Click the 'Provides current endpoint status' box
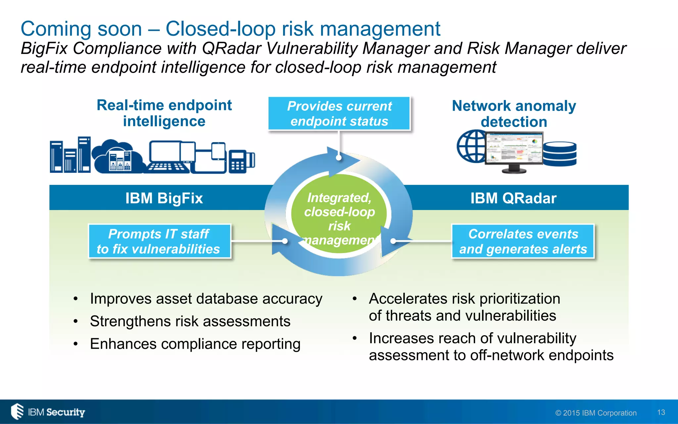pyautogui.click(x=339, y=113)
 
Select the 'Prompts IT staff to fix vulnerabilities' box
pyautogui.click(x=159, y=241)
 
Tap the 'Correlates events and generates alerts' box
pyautogui.click(x=523, y=241)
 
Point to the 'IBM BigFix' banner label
pyautogui.click(x=164, y=198)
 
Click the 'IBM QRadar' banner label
pyautogui.click(x=513, y=198)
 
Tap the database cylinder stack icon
pyautogui.click(x=560, y=154)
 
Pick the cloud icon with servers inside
pyautogui.click(x=118, y=156)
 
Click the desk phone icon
pyautogui.click(x=241, y=161)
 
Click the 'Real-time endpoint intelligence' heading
pyautogui.click(x=164, y=113)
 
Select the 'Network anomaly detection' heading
pyautogui.click(x=514, y=114)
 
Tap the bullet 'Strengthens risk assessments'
pyautogui.click(x=190, y=321)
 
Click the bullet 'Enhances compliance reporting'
pyautogui.click(x=195, y=344)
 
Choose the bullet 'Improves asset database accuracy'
pyautogui.click(x=206, y=299)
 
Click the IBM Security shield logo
pyautogui.click(x=18, y=411)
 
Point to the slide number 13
pyautogui.click(x=661, y=412)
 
